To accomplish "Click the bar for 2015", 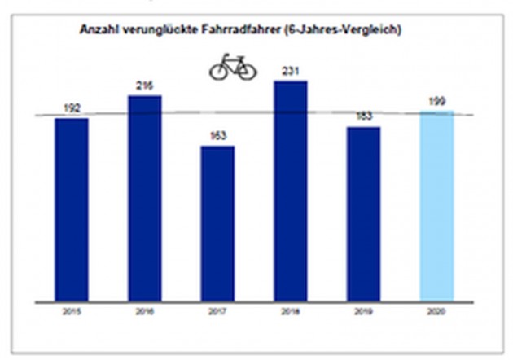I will coord(72,209).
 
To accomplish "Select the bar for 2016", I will coord(144,198).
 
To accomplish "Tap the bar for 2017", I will coord(217,223).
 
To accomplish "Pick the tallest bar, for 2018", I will coord(291,191).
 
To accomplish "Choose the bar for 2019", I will coord(363,213).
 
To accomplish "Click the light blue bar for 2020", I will coord(436,206).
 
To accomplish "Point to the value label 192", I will coord(72,108).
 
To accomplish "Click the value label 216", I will coord(144,86).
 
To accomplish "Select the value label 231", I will coord(291,72).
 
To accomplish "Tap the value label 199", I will coord(436,102).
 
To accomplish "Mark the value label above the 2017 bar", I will coord(217,136).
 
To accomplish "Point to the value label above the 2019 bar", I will coord(363,116).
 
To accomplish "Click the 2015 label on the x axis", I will coord(72,312).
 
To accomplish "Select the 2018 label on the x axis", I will coord(291,312).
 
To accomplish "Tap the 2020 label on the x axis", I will coord(436,312).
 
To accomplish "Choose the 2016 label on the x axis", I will coord(144,312).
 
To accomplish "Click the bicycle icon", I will coord(233,68).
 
